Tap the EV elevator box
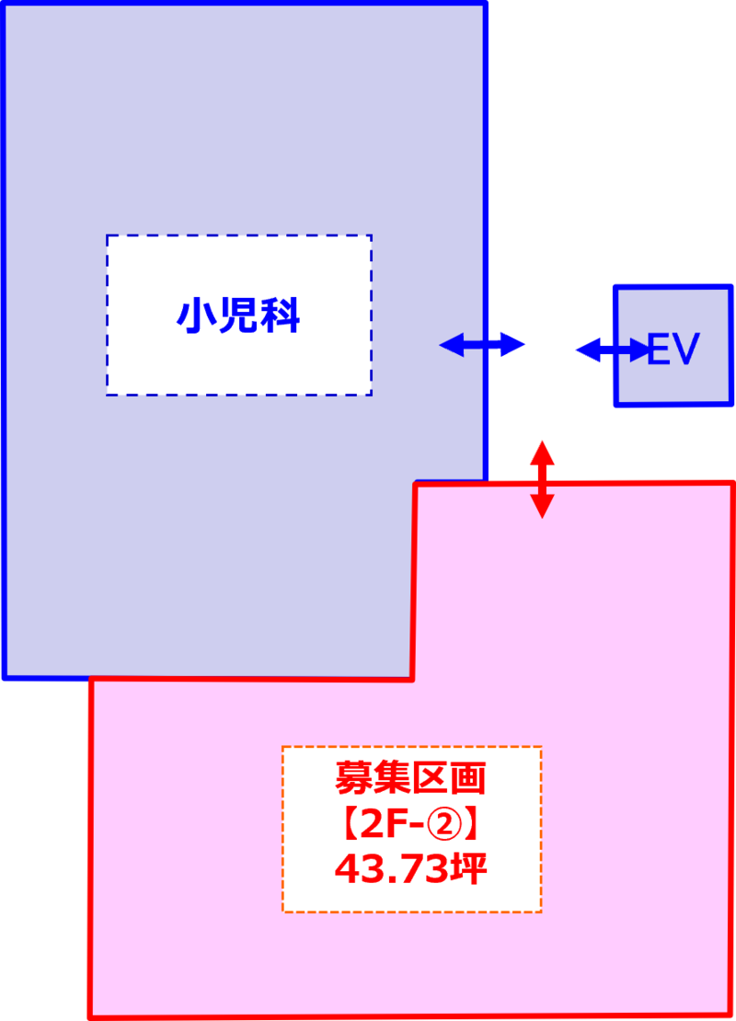[673, 347]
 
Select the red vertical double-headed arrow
[542, 478]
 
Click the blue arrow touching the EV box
[611, 350]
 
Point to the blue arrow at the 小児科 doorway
[483, 345]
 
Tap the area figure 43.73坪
[410, 868]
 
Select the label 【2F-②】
[410, 825]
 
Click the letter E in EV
[660, 350]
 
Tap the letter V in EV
[687, 350]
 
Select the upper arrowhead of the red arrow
[542, 451]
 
